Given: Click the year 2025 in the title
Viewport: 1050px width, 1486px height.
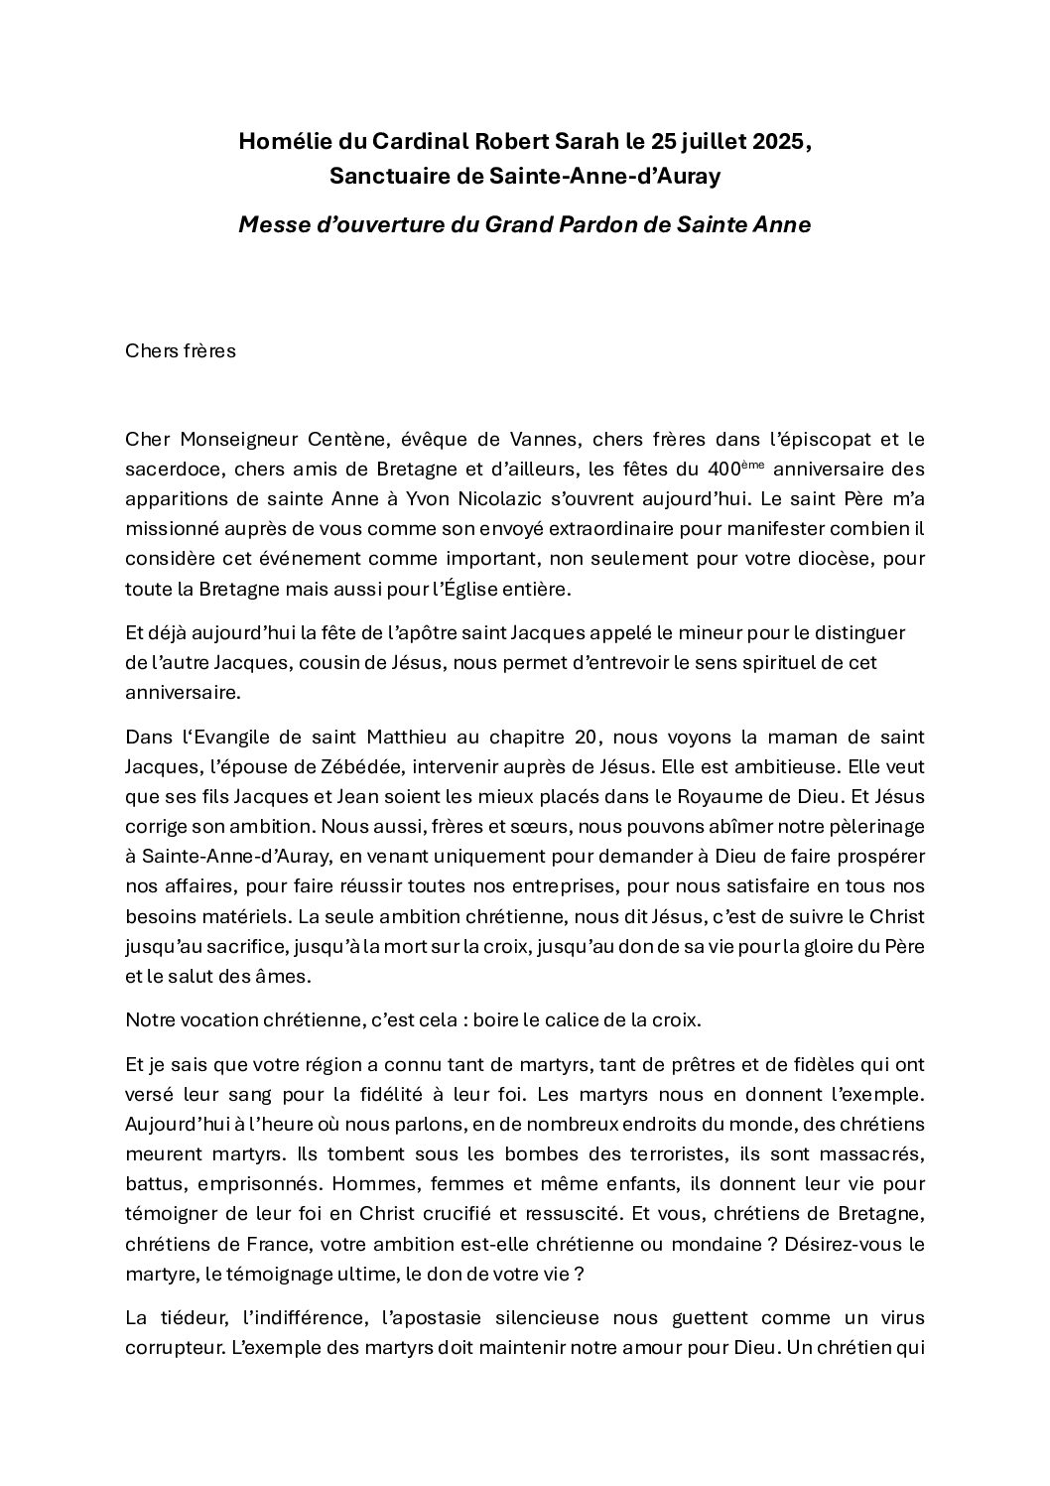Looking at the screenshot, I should (x=778, y=142).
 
